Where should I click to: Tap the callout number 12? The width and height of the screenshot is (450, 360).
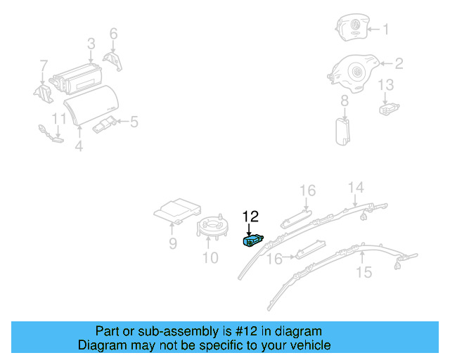(x=251, y=216)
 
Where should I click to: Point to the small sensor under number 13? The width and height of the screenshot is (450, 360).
(x=387, y=108)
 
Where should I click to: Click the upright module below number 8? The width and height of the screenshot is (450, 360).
(x=344, y=130)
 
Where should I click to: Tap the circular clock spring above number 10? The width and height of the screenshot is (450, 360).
(x=212, y=227)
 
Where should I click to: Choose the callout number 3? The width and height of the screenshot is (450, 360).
(x=91, y=44)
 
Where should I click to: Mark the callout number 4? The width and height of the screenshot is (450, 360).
(x=79, y=146)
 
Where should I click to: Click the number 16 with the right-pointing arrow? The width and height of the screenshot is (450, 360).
(x=274, y=259)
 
